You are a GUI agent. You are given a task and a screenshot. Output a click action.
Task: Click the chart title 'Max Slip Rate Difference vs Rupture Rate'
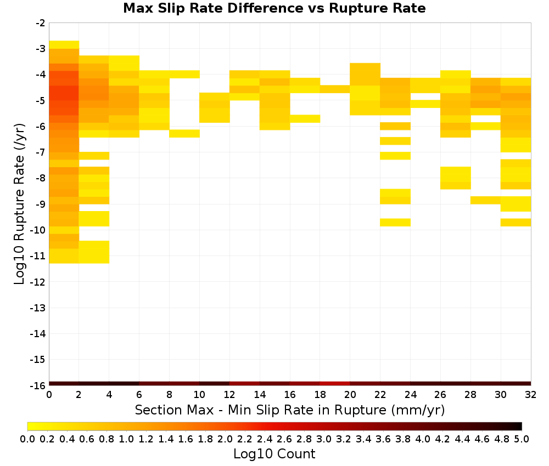[274, 8]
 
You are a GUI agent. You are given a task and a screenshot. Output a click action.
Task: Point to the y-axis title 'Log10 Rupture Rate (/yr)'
[19, 204]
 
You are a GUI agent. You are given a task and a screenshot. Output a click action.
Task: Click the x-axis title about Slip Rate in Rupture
[289, 410]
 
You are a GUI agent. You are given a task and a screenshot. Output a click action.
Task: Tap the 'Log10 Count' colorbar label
[274, 454]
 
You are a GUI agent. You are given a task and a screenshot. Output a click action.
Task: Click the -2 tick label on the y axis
[40, 23]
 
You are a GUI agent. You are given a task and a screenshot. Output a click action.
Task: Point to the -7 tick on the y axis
[40, 152]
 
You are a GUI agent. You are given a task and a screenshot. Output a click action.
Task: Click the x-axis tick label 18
[320, 395]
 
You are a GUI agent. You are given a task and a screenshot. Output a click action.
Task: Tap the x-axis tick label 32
[530, 395]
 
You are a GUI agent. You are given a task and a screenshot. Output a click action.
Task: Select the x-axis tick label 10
[199, 395]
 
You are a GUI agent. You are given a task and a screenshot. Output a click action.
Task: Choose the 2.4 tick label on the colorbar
[265, 439]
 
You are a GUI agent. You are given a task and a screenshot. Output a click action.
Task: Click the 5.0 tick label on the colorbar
[522, 439]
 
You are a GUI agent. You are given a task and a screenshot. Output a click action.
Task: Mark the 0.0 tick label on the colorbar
[27, 439]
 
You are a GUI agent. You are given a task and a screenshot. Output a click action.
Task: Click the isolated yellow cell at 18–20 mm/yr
[335, 89]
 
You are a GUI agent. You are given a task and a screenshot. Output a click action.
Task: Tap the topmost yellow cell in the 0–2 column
[64, 45]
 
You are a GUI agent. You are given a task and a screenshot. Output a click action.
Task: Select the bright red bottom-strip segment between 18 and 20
[335, 384]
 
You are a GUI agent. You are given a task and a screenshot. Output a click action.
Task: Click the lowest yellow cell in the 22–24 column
[395, 223]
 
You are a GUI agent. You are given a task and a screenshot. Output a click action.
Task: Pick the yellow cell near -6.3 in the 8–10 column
[184, 134]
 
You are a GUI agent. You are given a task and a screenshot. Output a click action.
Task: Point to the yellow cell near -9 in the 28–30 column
[486, 200]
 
